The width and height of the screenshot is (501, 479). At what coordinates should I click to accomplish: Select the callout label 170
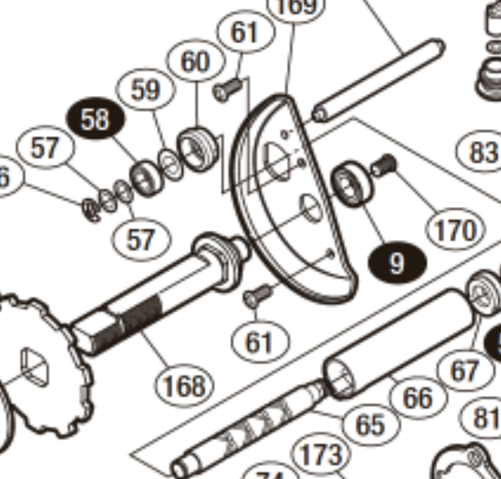click(455, 230)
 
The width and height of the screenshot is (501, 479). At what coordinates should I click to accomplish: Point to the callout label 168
click(184, 385)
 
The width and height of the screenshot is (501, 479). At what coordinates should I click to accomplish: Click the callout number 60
click(195, 62)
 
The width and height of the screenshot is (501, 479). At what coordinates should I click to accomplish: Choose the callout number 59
click(146, 90)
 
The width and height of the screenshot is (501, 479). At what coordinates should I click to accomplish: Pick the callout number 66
click(418, 398)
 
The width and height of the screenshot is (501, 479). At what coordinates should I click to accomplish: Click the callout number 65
click(370, 424)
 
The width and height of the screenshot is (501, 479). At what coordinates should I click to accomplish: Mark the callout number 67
click(463, 371)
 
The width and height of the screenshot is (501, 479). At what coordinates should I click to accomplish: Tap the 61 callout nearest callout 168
click(259, 342)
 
